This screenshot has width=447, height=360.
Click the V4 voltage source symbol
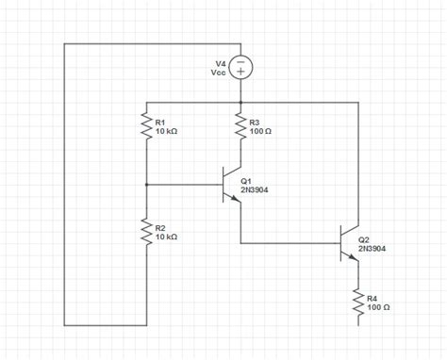click(241, 68)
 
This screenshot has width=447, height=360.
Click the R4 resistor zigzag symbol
click(358, 302)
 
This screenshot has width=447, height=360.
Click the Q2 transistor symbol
click(349, 243)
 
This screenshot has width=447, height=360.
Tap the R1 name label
click(159, 123)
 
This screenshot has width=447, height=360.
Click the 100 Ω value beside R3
click(261, 132)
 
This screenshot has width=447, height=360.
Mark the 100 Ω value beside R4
click(378, 307)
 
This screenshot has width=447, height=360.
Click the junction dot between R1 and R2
click(146, 185)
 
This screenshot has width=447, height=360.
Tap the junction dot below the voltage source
click(241, 102)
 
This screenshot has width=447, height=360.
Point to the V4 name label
click(221, 63)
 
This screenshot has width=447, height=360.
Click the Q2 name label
click(365, 240)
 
